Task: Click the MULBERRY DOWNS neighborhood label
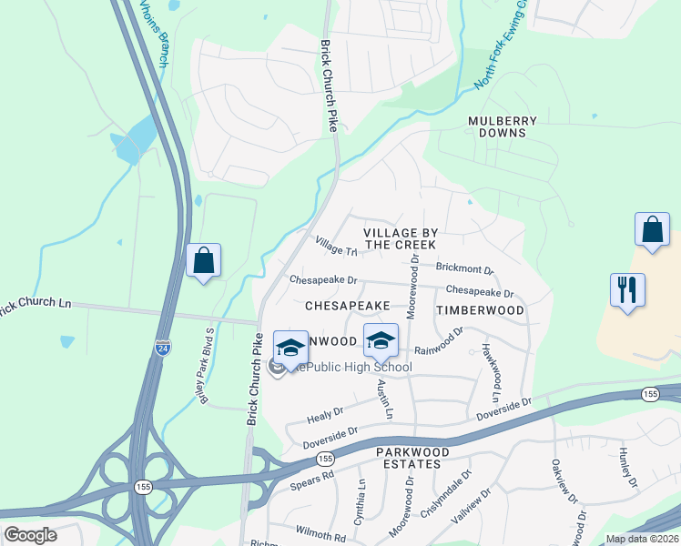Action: coord(503,126)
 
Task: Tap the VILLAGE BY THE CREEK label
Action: coord(401,238)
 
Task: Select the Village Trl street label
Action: coord(336,246)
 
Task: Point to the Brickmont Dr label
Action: coord(464,270)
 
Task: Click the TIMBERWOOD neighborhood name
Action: coord(480,310)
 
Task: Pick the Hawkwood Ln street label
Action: coord(492,374)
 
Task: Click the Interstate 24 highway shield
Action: coord(160,348)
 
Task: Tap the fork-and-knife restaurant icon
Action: coord(627,290)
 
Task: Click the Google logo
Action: coord(30,535)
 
